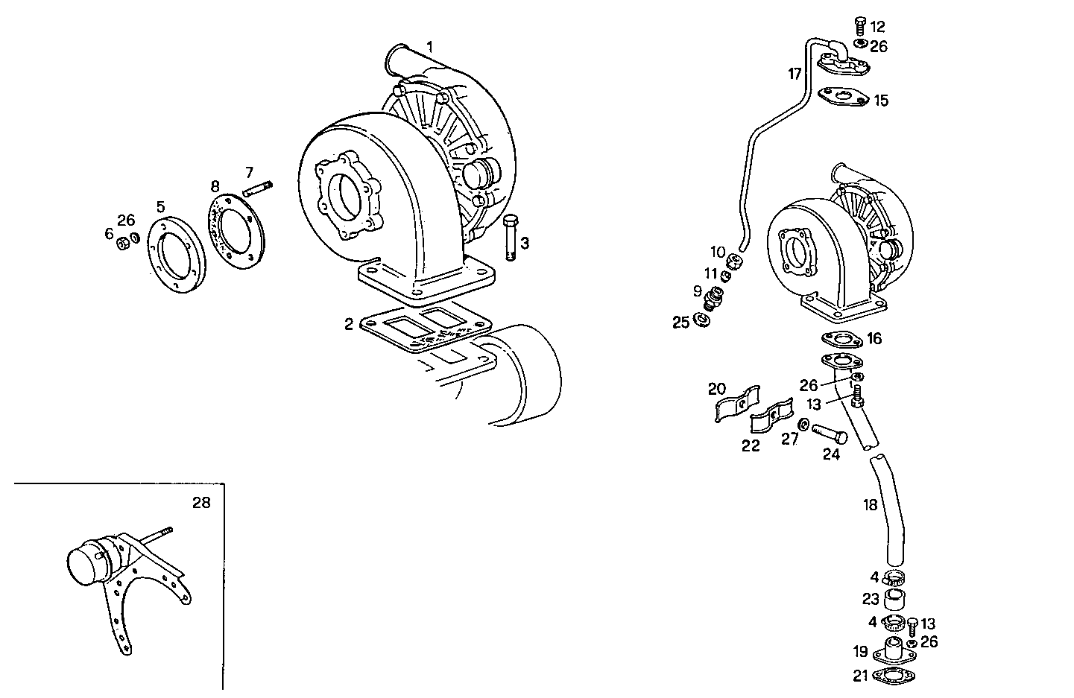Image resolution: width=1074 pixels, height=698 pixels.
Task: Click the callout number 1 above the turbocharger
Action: [x=429, y=47]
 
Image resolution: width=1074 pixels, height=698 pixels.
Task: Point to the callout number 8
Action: [x=215, y=186]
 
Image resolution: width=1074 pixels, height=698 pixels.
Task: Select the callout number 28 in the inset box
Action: [x=201, y=503]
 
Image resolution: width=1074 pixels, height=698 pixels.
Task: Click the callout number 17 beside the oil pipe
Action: [x=795, y=74]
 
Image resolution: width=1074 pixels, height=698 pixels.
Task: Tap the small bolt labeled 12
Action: [x=859, y=26]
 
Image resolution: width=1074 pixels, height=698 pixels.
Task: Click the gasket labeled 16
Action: [x=842, y=340]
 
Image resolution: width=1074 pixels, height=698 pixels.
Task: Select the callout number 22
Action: [x=751, y=445]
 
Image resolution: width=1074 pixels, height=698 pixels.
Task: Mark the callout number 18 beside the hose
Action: [x=870, y=505]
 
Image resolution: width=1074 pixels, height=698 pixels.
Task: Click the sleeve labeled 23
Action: [x=894, y=599]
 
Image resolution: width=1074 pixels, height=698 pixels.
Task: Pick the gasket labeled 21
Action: [x=894, y=676]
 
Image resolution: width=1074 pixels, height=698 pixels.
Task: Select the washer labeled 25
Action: [x=701, y=320]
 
